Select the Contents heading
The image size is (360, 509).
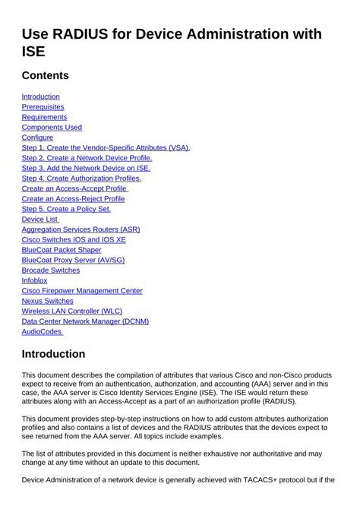point(45,75)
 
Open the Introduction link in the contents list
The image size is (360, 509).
point(40,96)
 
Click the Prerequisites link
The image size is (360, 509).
point(43,107)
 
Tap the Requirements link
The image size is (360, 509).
point(44,117)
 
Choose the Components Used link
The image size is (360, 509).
point(52,128)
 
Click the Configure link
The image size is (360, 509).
point(37,138)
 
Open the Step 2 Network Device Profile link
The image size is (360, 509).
point(87,158)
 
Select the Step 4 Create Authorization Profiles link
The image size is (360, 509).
point(87,178)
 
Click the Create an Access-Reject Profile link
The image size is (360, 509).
point(73,198)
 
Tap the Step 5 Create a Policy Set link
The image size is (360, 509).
point(66,209)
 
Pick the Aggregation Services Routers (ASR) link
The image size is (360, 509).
point(81,229)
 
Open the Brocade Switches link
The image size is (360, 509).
point(50,270)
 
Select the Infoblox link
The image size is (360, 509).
point(34,280)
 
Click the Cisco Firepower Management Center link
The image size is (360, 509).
point(82,290)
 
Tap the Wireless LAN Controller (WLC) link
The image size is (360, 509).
point(71,311)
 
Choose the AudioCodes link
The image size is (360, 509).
point(42,331)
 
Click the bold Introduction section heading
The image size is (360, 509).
point(53,354)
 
